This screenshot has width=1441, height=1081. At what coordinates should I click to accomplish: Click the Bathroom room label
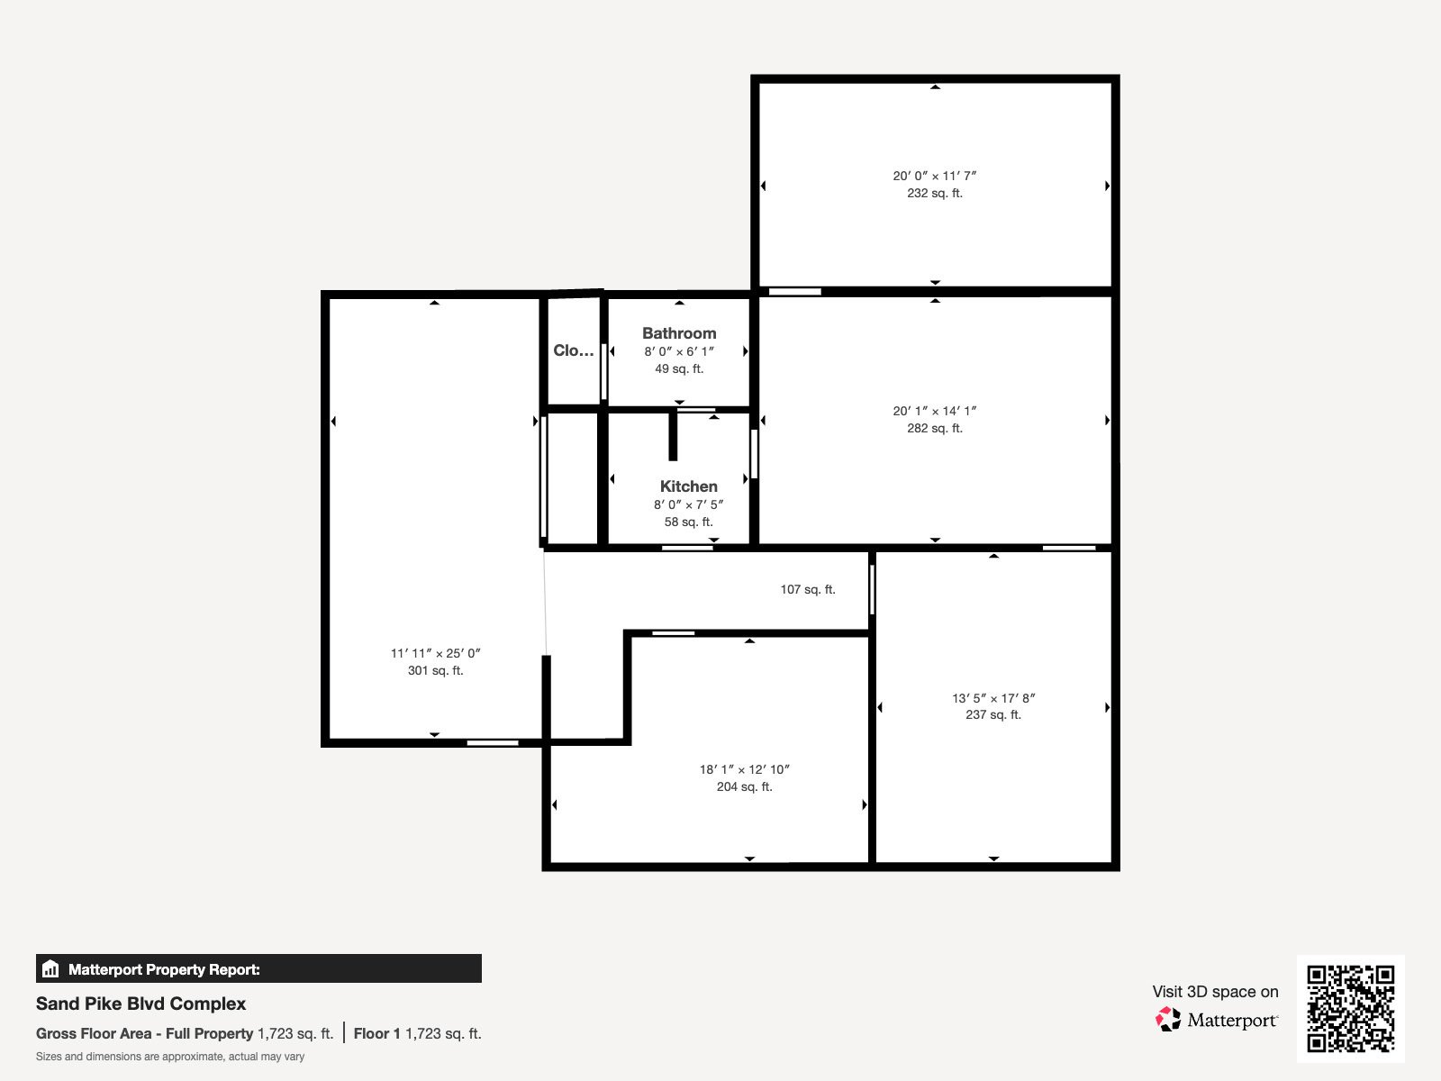pyautogui.click(x=679, y=333)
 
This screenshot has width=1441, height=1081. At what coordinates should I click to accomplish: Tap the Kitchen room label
pyautogui.click(x=688, y=486)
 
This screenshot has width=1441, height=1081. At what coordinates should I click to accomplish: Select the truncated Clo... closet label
pyautogui.click(x=573, y=350)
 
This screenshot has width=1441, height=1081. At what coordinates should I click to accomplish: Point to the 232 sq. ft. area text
pyautogui.click(x=934, y=193)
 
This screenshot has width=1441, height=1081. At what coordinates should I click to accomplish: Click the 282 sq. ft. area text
pyautogui.click(x=934, y=428)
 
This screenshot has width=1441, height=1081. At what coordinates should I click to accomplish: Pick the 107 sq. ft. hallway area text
pyautogui.click(x=808, y=589)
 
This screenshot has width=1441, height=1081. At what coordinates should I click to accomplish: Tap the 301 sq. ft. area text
pyautogui.click(x=435, y=671)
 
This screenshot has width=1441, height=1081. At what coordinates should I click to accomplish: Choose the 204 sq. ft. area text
pyautogui.click(x=744, y=786)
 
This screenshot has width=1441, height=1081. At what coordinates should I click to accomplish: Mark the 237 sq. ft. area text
pyautogui.click(x=993, y=714)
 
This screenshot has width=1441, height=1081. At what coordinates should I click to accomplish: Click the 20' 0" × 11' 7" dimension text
pyautogui.click(x=934, y=176)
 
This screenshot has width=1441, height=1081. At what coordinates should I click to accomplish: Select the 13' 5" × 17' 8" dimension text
pyautogui.click(x=993, y=697)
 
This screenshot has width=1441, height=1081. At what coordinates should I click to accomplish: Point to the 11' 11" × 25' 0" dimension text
pyautogui.click(x=435, y=654)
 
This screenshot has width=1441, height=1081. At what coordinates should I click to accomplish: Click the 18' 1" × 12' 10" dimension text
pyautogui.click(x=744, y=769)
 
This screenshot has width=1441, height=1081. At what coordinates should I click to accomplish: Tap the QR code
pyautogui.click(x=1350, y=1009)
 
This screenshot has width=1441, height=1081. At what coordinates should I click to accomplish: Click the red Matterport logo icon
pyautogui.click(x=1167, y=1020)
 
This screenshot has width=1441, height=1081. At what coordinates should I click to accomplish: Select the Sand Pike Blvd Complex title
pyautogui.click(x=140, y=1004)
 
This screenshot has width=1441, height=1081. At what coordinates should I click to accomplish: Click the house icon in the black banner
pyautogui.click(x=50, y=968)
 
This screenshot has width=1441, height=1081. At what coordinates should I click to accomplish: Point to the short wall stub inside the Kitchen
pyautogui.click(x=672, y=435)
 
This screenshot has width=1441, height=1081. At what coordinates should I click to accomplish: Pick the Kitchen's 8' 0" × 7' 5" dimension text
pyautogui.click(x=688, y=504)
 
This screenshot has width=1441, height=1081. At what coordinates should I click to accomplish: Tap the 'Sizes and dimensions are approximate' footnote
pyautogui.click(x=170, y=1057)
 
